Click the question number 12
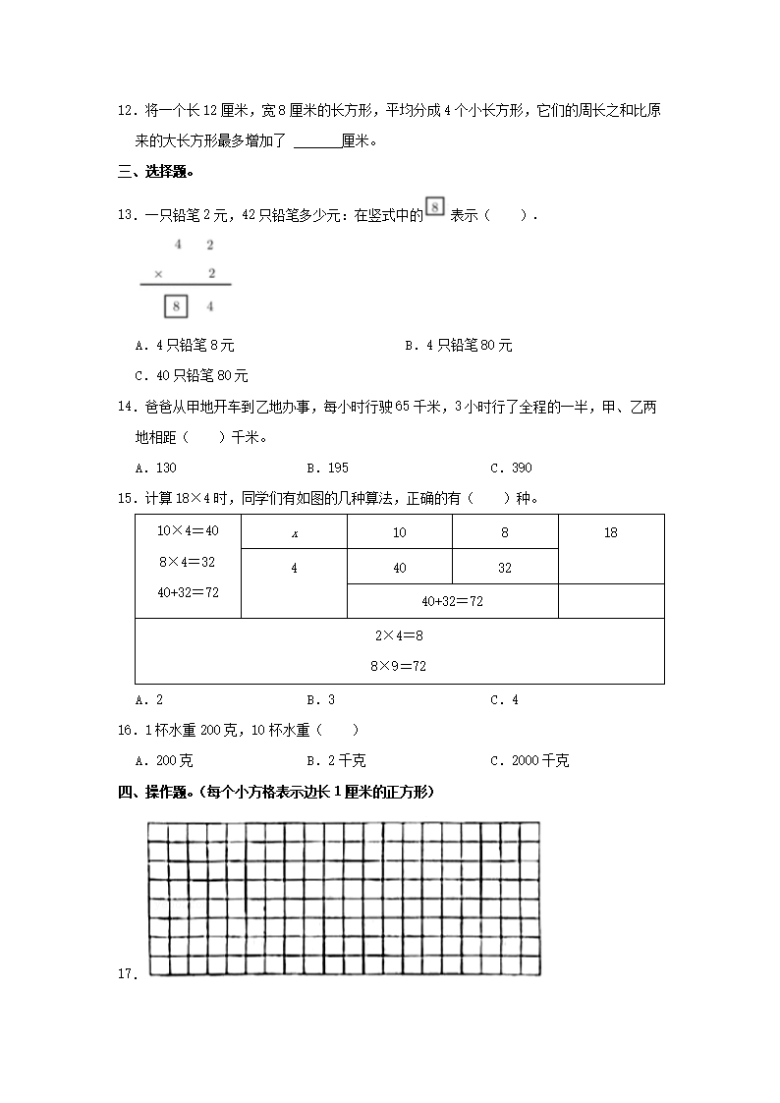(125, 111)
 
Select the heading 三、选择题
(155, 173)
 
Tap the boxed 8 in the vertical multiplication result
(176, 307)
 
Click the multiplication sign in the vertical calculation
(159, 274)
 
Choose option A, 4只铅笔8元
(186, 346)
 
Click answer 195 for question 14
(327, 468)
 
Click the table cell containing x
(294, 532)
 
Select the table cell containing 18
(610, 532)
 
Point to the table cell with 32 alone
(505, 568)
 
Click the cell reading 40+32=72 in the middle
(452, 601)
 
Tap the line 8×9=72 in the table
(399, 666)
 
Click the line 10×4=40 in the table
(188, 530)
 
